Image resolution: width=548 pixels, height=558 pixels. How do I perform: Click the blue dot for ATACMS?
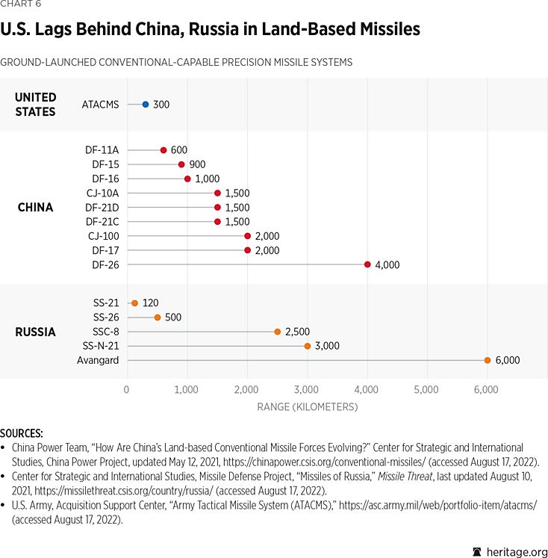146,105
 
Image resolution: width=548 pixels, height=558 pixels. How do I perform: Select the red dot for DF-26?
367,264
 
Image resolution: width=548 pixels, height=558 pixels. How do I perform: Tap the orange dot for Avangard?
488,360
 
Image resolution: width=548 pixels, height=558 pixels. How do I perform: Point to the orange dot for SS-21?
134,303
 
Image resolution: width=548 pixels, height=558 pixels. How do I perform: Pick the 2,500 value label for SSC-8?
297,332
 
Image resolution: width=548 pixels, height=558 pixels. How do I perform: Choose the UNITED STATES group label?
35,105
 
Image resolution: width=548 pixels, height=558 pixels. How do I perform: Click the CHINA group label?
35,208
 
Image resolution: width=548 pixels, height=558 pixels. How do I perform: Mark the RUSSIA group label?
35,332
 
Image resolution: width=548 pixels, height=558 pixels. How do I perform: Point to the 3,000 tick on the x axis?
307,389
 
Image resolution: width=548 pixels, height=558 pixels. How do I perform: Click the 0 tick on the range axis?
126,389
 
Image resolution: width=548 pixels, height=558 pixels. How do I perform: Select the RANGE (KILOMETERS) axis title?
307,407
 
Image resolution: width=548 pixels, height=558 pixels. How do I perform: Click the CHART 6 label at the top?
20,4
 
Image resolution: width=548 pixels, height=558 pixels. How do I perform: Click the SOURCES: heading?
22,433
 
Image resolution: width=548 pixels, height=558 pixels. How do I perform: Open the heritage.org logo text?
514,551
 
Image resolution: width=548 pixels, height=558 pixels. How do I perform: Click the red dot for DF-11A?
164,150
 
